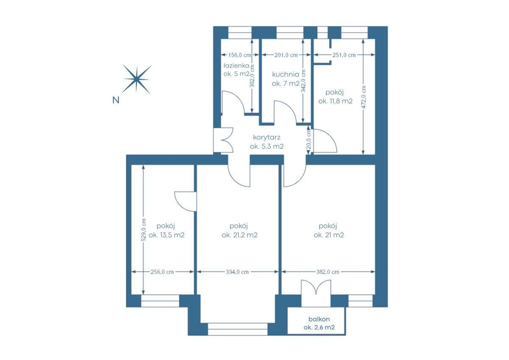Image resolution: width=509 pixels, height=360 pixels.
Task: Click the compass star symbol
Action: (137, 79)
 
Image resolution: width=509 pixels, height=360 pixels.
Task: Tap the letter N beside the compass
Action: (116, 100)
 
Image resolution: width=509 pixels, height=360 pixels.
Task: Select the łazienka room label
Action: (236, 66)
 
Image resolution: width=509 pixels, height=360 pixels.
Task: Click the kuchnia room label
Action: (285, 74)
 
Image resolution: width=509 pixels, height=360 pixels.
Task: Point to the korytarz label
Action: (267, 137)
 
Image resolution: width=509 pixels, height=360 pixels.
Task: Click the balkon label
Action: (319, 319)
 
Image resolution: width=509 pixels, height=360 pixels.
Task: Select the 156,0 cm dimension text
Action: (240, 55)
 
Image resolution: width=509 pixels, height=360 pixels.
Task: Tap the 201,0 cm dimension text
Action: (286, 55)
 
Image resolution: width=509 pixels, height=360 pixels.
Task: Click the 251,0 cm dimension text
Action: (344, 55)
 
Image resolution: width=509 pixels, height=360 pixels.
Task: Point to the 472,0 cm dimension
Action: (364, 97)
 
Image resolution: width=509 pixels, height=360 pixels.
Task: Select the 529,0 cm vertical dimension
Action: (143, 230)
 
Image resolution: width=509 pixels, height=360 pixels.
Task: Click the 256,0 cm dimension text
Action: (162, 272)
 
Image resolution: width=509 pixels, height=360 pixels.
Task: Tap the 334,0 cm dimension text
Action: (237, 272)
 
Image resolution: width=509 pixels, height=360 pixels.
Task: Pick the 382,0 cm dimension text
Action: (327, 272)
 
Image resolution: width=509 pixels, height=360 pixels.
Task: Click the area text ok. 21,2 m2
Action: (240, 235)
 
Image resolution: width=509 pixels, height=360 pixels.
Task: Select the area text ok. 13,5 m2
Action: (167, 235)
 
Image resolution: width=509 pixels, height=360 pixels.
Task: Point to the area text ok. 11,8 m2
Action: (336, 101)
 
